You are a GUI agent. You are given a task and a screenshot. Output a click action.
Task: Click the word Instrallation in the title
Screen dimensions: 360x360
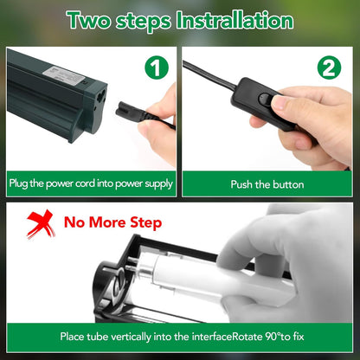(x=235, y=21)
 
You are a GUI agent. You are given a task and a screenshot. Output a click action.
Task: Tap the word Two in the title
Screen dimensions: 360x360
(x=89, y=21)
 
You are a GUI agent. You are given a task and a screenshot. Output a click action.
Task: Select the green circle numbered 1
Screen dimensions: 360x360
(x=157, y=67)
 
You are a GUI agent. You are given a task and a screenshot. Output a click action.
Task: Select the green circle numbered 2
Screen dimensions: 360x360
(x=329, y=67)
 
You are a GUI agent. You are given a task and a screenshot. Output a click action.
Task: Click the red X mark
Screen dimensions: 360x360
(x=41, y=224)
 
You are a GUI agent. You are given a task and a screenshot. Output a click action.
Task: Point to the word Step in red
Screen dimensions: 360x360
(x=145, y=223)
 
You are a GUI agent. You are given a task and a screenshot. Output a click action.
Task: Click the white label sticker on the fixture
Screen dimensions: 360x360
(x=64, y=75)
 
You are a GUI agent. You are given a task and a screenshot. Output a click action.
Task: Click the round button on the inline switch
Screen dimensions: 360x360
(x=264, y=99)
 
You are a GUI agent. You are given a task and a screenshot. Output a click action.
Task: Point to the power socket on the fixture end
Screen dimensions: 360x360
(x=100, y=98)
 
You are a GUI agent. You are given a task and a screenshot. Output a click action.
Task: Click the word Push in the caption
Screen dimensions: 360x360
(x=241, y=184)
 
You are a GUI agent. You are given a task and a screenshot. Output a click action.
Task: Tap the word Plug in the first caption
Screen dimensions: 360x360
(x=18, y=183)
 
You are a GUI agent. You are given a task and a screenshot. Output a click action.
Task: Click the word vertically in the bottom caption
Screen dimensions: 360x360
(x=131, y=337)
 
